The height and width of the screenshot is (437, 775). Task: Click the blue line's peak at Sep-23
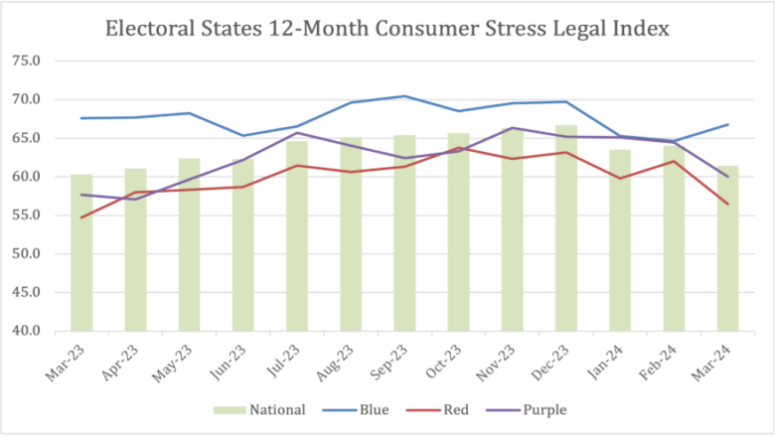click(x=404, y=96)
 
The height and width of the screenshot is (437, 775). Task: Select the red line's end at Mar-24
click(x=727, y=205)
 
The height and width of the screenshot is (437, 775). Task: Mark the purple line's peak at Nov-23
click(x=512, y=128)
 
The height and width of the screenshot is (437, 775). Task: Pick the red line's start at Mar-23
click(x=81, y=218)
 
